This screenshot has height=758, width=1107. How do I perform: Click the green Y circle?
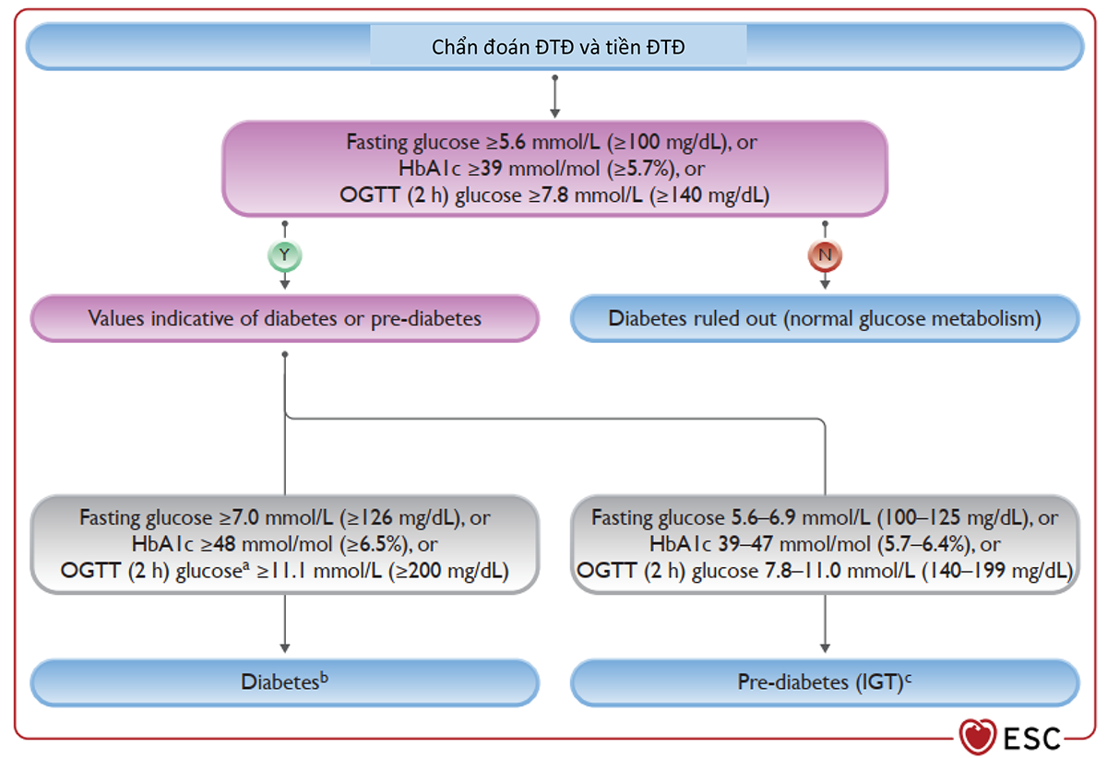(285, 255)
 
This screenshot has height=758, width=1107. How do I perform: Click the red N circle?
(825, 255)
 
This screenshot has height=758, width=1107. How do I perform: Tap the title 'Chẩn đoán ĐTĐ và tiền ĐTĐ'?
(558, 47)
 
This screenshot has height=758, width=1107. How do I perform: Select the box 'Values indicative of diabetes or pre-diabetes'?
(285, 318)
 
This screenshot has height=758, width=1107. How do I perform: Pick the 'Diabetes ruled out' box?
(825, 318)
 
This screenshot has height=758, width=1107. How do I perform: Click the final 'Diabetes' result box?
(285, 682)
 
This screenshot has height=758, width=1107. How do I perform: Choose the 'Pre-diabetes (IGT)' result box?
(825, 682)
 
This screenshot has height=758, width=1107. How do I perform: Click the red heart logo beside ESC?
(978, 736)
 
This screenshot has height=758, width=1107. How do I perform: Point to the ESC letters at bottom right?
(1032, 739)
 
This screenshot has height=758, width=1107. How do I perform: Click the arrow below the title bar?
(555, 96)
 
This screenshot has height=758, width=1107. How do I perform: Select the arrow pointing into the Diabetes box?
(285, 623)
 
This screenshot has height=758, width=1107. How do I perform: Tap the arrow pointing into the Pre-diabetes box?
(825, 623)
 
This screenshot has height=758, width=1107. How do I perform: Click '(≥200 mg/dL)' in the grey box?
(448, 571)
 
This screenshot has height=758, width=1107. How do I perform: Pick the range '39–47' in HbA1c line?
(744, 544)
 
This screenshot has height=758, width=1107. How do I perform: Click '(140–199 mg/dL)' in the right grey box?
(997, 571)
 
